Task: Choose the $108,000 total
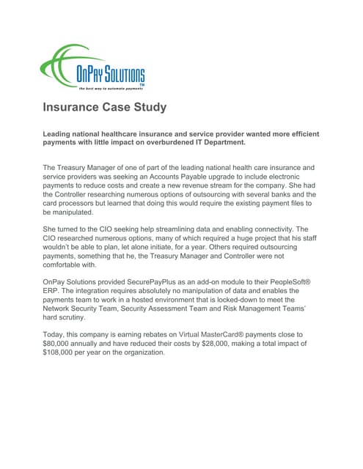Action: click(x=64, y=351)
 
